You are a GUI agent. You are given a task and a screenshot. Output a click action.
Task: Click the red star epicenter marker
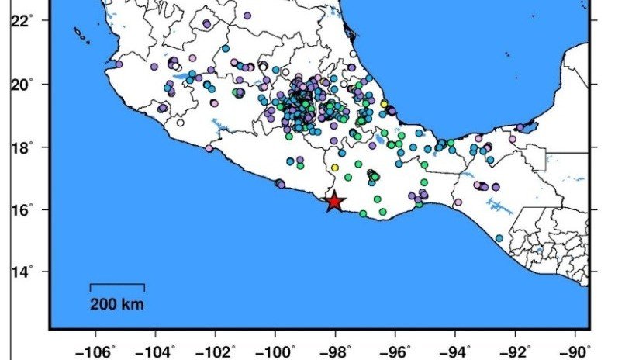click(x=334, y=202)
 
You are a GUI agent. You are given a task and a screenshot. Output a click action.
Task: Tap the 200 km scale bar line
click(x=117, y=285)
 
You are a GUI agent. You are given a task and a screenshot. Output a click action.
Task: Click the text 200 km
click(x=117, y=303)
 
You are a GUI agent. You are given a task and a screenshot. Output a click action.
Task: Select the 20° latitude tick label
click(x=22, y=84)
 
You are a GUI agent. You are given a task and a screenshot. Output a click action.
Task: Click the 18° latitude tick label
click(x=22, y=147)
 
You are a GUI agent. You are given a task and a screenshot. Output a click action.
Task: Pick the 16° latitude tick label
click(x=22, y=209)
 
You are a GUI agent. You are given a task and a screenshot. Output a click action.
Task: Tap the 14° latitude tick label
click(x=22, y=272)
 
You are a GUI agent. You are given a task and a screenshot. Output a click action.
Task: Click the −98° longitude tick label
click(x=338, y=350)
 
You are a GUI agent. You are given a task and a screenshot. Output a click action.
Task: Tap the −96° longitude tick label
click(x=398, y=350)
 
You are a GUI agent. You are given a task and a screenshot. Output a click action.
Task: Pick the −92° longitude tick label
click(x=518, y=350)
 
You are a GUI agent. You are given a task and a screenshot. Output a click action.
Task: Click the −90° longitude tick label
click(x=578, y=350)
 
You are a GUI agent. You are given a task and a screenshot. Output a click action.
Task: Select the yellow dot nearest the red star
click(x=335, y=168)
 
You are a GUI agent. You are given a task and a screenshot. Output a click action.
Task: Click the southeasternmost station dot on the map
click(x=499, y=238)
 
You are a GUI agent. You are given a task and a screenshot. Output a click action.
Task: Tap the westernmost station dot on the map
click(x=118, y=64)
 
